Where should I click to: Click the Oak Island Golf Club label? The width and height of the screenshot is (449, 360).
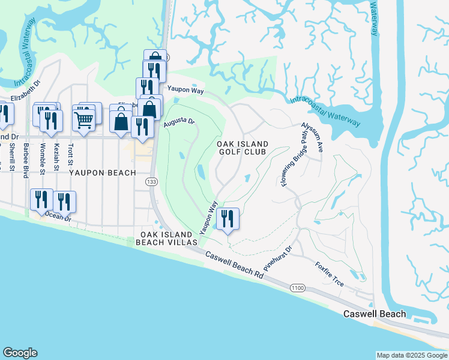tap(241, 148)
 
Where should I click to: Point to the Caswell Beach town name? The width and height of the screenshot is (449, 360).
tap(374, 314)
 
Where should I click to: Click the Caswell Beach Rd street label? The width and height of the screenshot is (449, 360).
tap(234, 265)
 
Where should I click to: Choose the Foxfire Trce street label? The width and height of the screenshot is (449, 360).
tap(330, 273)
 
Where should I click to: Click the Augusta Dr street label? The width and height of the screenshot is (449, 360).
tap(179, 122)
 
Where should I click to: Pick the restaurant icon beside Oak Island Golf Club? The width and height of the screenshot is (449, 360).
tap(228, 218)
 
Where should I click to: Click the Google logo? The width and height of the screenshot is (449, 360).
tap(20, 353)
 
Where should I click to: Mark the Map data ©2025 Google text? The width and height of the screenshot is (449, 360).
tap(411, 355)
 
